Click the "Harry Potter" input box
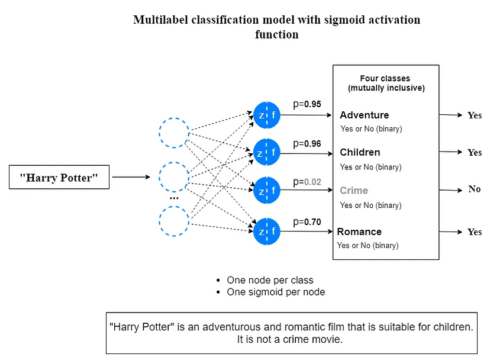tap(59, 177)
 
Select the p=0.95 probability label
tap(307, 104)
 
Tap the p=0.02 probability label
tap(307, 182)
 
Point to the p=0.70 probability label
tap(307, 222)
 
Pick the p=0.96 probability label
tap(307, 144)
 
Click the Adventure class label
tap(365, 115)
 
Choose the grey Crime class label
tap(354, 191)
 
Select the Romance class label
tap(359, 232)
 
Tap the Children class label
tap(360, 152)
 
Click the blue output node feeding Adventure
tap(266, 115)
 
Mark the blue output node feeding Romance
tap(266, 232)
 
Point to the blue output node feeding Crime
tap(266, 190)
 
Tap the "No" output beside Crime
tap(475, 189)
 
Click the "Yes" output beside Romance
tap(475, 232)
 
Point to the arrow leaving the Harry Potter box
tap(131, 177)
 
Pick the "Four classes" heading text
tap(385, 78)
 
